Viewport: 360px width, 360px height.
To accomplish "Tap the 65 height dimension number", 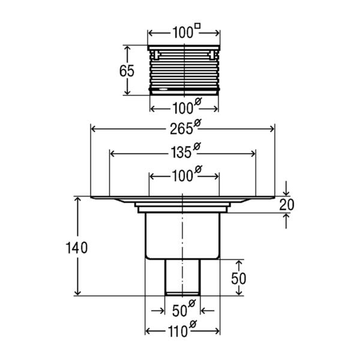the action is click(127, 71).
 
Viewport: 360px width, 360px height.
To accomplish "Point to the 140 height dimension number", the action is click(77, 248).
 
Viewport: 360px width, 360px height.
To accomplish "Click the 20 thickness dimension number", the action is click(287, 205).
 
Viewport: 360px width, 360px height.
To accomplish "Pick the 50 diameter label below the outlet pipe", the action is click(184, 308).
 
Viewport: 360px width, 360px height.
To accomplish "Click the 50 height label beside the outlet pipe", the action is click(239, 278).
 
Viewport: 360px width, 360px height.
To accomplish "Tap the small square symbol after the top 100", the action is click(197, 26).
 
